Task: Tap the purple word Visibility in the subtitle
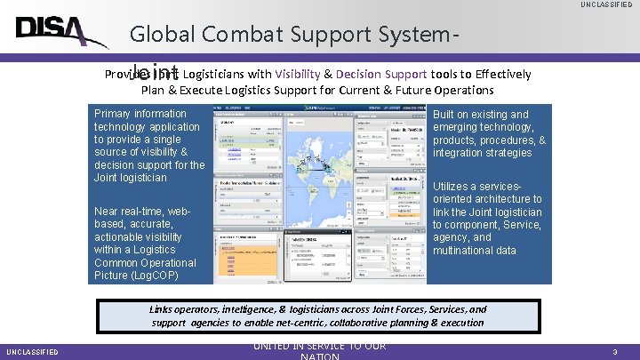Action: point(304,74)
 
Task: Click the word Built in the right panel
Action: point(447,115)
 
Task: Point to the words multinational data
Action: point(474,251)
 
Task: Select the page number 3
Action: point(614,352)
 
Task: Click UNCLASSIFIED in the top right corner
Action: point(608,5)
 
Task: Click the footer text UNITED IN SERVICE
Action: point(319,346)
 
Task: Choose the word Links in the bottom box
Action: point(162,309)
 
